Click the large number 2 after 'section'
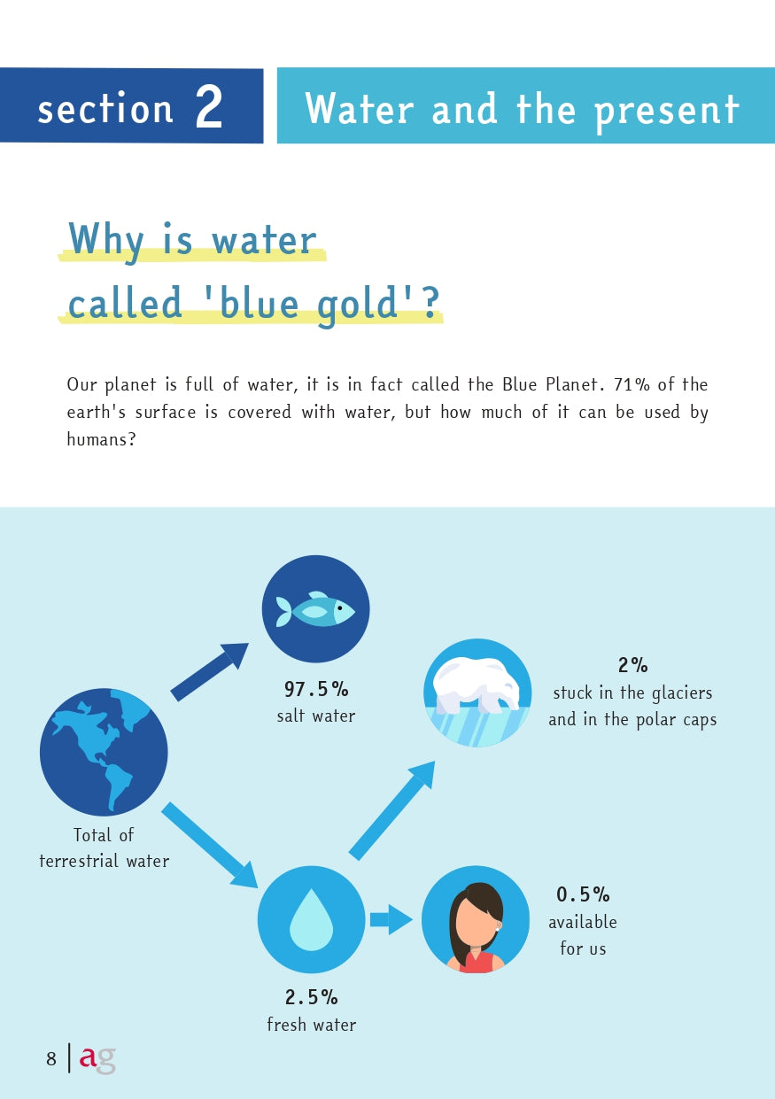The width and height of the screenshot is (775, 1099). (x=209, y=108)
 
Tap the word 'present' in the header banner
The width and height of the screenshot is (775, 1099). (x=666, y=110)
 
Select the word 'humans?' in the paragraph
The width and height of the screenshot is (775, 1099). (x=101, y=439)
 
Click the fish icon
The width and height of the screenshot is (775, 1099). (x=315, y=609)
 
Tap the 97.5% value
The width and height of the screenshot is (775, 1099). (x=315, y=689)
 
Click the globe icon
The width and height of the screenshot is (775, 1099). (x=104, y=752)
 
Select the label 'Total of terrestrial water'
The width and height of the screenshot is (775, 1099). (x=104, y=847)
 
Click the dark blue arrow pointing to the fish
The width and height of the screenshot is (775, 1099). (x=209, y=672)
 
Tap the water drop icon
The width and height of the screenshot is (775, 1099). (x=311, y=919)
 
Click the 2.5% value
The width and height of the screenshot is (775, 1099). (x=311, y=997)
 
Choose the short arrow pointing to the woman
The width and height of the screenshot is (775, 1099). (x=391, y=919)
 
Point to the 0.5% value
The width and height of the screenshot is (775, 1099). (x=583, y=894)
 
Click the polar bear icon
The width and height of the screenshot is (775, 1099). (x=477, y=692)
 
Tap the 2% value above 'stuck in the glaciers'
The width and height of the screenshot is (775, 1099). (x=632, y=665)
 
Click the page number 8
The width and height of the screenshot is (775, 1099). (x=51, y=1058)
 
